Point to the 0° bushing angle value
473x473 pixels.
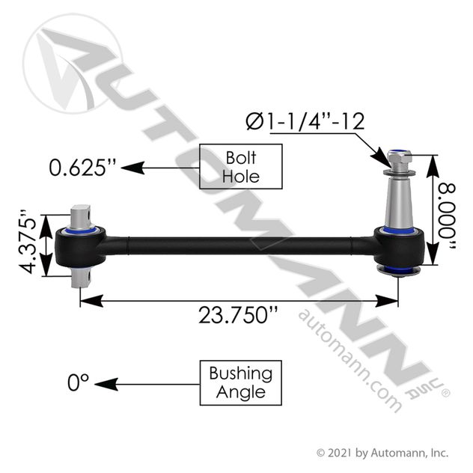tap(78, 382)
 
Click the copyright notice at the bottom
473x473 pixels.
tap(382, 452)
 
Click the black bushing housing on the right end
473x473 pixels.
tap(401, 246)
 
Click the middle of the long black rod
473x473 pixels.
tap(239, 244)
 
